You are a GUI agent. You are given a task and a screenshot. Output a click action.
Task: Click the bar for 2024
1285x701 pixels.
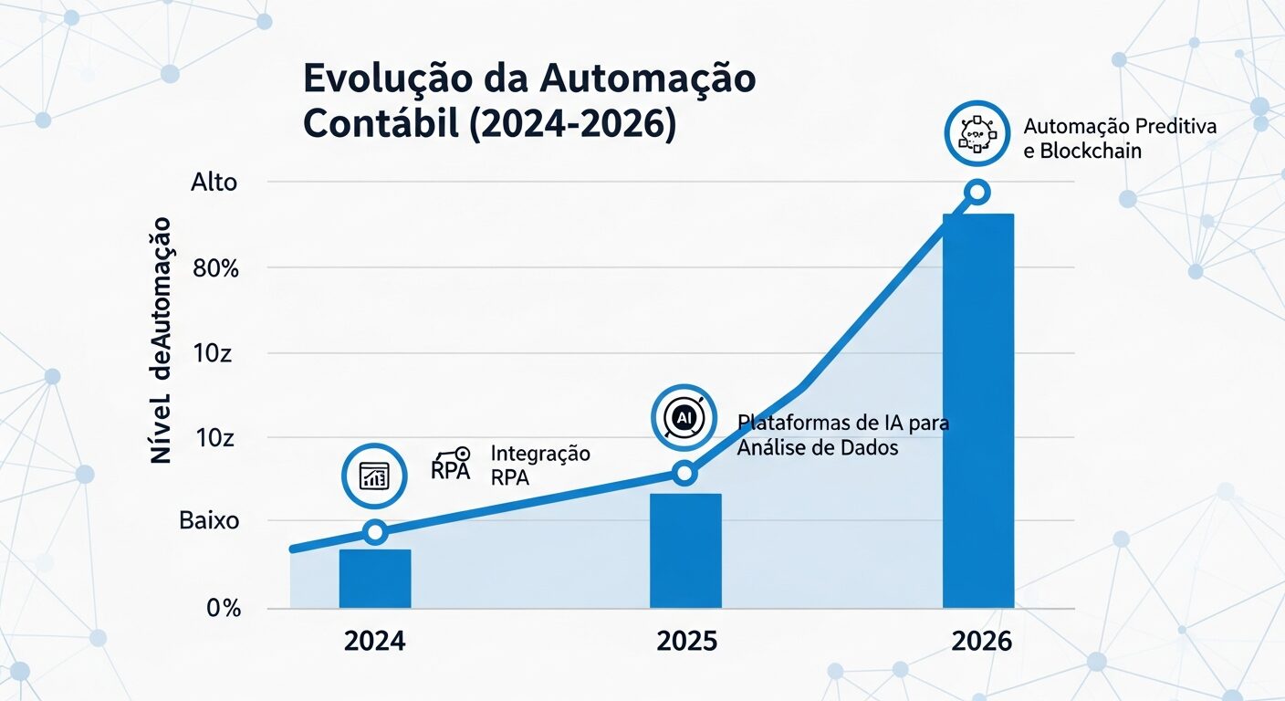click(x=375, y=579)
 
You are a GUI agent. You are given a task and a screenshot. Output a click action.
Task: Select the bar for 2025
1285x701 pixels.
click(x=685, y=550)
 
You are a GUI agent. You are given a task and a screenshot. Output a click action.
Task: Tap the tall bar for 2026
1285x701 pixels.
click(x=977, y=411)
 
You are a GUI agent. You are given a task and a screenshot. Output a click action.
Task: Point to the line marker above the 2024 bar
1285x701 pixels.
click(x=375, y=532)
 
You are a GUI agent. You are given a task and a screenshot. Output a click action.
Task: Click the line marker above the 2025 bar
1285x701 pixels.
click(x=684, y=473)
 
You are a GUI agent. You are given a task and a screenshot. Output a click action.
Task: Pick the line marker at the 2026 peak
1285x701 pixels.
click(x=977, y=192)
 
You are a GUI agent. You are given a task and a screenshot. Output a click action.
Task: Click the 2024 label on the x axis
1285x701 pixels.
click(x=375, y=642)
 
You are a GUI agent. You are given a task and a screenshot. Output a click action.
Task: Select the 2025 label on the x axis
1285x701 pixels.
click(x=686, y=642)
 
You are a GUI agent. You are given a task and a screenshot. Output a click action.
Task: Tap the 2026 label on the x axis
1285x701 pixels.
click(x=981, y=642)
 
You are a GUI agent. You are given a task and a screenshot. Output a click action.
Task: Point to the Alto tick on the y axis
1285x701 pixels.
click(x=214, y=183)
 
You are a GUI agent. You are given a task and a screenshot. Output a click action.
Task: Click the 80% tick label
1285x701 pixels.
click(x=214, y=268)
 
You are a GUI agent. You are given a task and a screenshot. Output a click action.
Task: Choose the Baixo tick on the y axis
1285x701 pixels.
click(x=209, y=522)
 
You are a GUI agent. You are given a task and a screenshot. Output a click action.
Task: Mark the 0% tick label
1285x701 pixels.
click(x=223, y=608)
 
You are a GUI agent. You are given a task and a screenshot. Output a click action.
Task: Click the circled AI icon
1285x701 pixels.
click(x=684, y=417)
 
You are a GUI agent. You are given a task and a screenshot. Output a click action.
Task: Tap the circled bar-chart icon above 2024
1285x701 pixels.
click(x=374, y=476)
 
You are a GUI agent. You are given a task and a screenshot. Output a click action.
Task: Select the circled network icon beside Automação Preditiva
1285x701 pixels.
click(x=977, y=133)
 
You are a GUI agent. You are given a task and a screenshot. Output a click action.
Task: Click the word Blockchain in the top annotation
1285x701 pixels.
click(x=1090, y=151)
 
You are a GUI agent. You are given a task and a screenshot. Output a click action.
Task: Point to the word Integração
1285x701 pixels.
click(x=540, y=454)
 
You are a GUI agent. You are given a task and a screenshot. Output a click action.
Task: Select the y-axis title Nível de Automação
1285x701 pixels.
click(x=162, y=340)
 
